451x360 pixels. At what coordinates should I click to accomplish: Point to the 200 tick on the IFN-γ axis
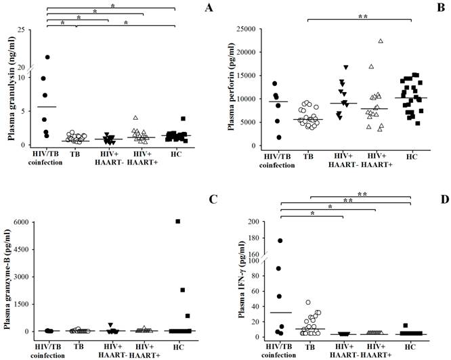pyautogui.click(x=257, y=222)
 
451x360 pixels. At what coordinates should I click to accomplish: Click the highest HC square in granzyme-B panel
pyautogui.click(x=177, y=221)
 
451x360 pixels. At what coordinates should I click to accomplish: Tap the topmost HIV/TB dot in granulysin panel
pyautogui.click(x=47, y=58)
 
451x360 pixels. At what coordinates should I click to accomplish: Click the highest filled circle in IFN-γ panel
pyautogui.click(x=280, y=241)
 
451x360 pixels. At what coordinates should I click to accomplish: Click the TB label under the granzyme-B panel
pyautogui.click(x=79, y=345)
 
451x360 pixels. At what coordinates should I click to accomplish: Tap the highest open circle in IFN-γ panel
pyautogui.click(x=309, y=302)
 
